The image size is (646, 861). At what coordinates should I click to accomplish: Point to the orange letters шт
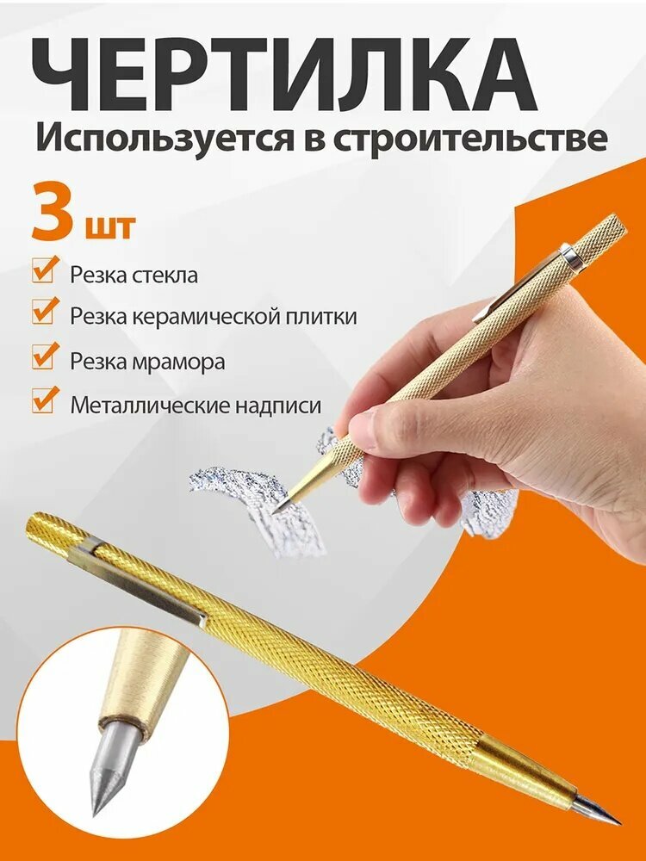click(109, 226)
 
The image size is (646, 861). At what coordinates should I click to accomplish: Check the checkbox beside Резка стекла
click(44, 271)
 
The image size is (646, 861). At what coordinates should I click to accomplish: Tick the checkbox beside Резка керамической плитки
click(44, 313)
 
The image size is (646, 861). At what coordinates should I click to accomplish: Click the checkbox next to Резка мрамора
click(44, 357)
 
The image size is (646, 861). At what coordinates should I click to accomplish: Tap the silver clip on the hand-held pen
click(525, 276)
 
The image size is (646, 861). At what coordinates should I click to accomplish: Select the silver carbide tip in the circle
click(108, 771)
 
